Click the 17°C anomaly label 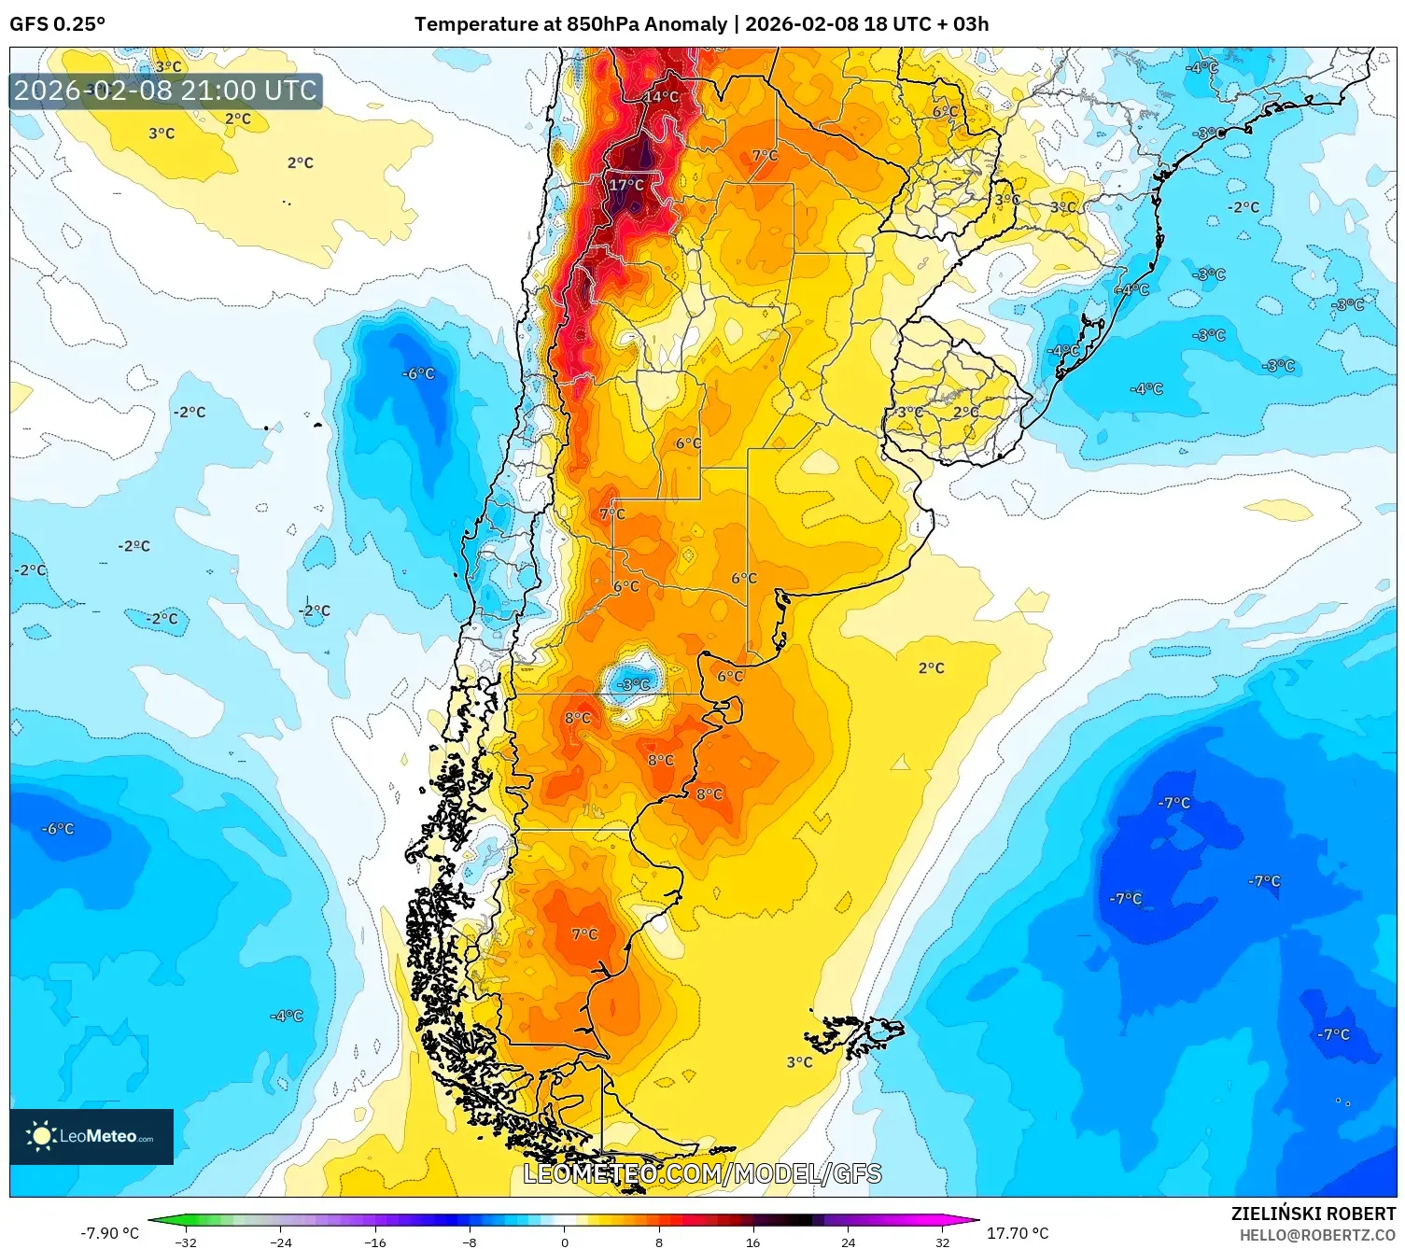pyautogui.click(x=626, y=185)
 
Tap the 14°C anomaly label pyautogui.click(x=662, y=97)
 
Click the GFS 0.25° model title pyautogui.click(x=57, y=23)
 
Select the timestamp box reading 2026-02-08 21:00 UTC pyautogui.click(x=165, y=91)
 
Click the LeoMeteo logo pyautogui.click(x=91, y=1136)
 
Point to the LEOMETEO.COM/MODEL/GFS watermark pyautogui.click(x=702, y=1173)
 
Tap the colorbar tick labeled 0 pyautogui.click(x=564, y=1242)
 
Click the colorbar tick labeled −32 pyautogui.click(x=186, y=1242)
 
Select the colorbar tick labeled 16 pyautogui.click(x=752, y=1242)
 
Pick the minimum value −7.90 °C pyautogui.click(x=109, y=1233)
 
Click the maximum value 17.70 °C pyautogui.click(x=1018, y=1233)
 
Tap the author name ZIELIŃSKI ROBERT pyautogui.click(x=1313, y=1214)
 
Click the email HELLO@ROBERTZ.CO pyautogui.click(x=1317, y=1235)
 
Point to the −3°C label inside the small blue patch pyautogui.click(x=635, y=684)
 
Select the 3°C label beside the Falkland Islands pyautogui.click(x=799, y=1062)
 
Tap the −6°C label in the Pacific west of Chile pyautogui.click(x=418, y=373)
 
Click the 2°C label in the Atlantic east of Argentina pyautogui.click(x=931, y=667)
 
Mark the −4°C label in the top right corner pyautogui.click(x=1201, y=67)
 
